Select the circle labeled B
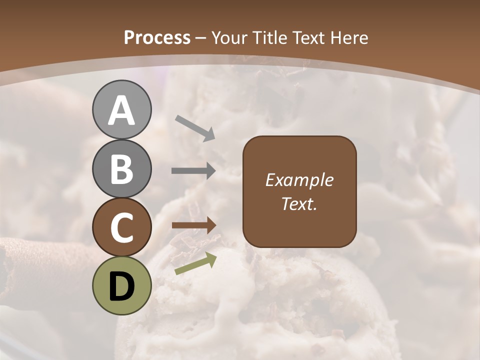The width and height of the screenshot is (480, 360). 122,168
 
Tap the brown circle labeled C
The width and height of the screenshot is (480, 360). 122,227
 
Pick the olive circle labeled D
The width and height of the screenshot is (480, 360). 122,286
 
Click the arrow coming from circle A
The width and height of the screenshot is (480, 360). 194,127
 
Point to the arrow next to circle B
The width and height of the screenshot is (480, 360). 193,171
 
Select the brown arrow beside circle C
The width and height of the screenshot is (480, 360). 193,225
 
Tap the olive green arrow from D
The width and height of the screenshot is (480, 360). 195,263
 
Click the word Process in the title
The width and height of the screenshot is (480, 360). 157,38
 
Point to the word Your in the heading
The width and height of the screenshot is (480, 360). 228,38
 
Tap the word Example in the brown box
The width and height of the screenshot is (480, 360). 299,180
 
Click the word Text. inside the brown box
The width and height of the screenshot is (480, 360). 299,204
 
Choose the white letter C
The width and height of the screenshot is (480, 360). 122,228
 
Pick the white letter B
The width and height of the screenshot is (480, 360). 122,169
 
